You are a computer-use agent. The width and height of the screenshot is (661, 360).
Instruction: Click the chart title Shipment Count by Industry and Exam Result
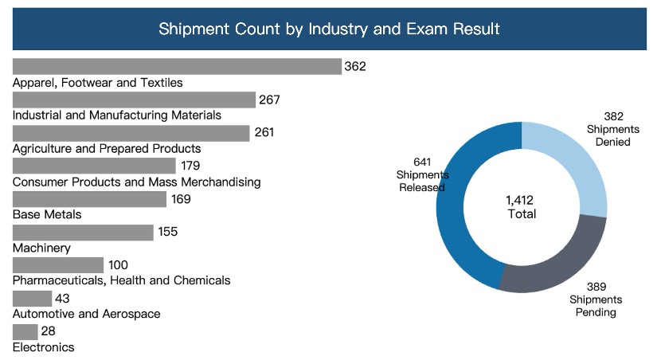[x=329, y=29]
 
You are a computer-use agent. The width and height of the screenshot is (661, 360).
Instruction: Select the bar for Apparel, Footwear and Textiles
[x=177, y=66]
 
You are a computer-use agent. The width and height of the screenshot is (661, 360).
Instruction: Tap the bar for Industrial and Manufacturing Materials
[x=134, y=100]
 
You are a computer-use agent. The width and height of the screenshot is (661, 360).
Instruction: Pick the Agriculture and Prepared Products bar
[x=131, y=132]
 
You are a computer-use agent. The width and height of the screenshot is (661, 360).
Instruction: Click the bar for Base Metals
[x=90, y=199]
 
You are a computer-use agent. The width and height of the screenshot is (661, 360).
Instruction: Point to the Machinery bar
[x=83, y=232]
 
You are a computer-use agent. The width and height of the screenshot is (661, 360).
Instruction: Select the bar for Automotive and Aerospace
[x=33, y=298]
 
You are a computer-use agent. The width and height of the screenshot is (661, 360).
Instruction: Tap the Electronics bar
[x=25, y=331]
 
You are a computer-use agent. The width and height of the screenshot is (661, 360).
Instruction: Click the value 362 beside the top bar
[x=355, y=66]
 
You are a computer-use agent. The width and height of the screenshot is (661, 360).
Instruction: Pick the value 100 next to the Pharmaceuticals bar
[x=119, y=265]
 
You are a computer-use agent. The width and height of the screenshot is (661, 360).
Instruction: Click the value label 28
[x=48, y=331]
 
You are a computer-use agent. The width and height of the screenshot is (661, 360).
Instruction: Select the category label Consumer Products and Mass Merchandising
[x=137, y=182]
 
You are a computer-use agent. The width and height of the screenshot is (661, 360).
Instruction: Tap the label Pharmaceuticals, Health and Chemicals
[x=122, y=280]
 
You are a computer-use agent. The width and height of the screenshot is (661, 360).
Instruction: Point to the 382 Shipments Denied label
[x=608, y=128]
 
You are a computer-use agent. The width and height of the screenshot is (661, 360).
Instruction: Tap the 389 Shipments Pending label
[x=596, y=299]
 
